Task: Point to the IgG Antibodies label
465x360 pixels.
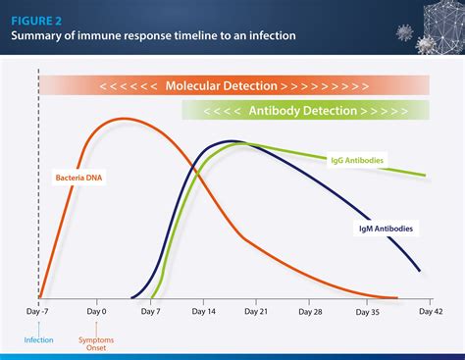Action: [357, 157]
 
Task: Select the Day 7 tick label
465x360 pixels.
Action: [150, 311]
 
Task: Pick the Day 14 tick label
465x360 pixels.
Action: [206, 311]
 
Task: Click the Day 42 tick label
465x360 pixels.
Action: [430, 311]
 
